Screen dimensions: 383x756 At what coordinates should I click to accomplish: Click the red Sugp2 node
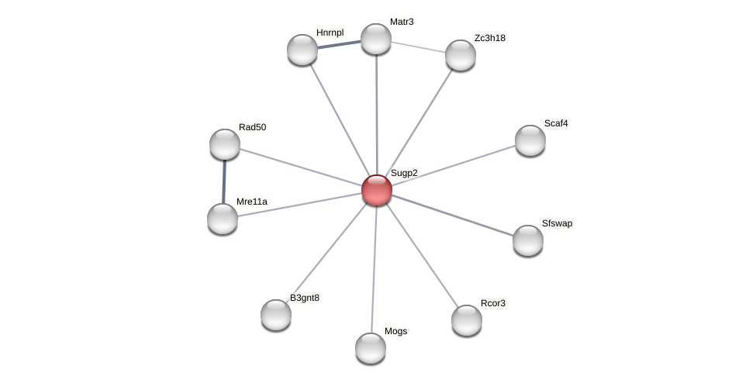click(x=377, y=190)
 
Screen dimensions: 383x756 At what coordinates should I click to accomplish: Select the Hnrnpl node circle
click(x=302, y=50)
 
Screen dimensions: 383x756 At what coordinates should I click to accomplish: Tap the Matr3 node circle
click(x=376, y=39)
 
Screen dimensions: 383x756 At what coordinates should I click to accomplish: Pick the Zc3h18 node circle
click(x=461, y=55)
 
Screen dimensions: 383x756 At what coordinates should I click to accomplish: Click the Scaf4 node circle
click(x=530, y=140)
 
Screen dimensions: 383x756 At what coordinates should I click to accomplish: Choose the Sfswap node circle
click(x=528, y=240)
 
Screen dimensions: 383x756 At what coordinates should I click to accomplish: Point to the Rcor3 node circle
click(x=467, y=320)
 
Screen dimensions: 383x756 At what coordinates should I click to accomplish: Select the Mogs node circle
click(x=371, y=348)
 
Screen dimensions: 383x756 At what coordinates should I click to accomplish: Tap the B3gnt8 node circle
click(x=276, y=315)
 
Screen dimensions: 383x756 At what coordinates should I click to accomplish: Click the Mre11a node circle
click(x=223, y=219)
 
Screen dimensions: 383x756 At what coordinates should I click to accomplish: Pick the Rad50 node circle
click(x=225, y=144)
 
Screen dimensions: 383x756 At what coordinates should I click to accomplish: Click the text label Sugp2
click(x=404, y=173)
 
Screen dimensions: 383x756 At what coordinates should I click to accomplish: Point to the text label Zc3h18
click(x=490, y=38)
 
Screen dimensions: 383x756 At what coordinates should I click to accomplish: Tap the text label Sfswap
click(x=557, y=223)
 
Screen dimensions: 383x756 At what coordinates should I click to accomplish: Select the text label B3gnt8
click(x=305, y=298)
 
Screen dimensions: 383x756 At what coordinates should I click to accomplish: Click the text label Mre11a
click(x=252, y=202)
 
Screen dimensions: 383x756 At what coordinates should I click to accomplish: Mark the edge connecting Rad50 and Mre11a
click(x=224, y=181)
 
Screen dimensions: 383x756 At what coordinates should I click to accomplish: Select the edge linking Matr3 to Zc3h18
click(x=419, y=47)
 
